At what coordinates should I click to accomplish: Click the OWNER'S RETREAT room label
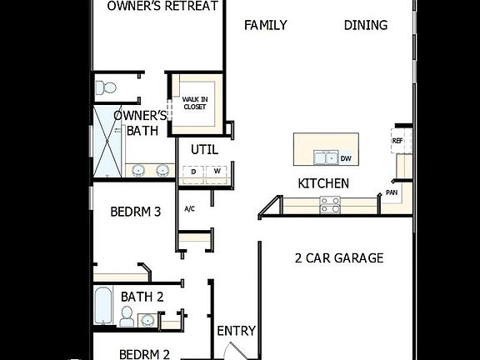click(x=163, y=7)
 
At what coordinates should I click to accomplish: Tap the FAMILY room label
click(x=265, y=25)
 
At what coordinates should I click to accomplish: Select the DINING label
click(x=366, y=25)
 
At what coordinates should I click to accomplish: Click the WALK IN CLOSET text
click(x=195, y=103)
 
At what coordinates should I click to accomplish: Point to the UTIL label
click(x=204, y=150)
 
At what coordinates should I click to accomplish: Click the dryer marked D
click(x=193, y=172)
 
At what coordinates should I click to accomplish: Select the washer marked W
click(x=217, y=172)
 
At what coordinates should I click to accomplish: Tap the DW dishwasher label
click(x=346, y=157)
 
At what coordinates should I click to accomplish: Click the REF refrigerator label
click(x=397, y=142)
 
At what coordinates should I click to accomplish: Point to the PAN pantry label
click(x=392, y=192)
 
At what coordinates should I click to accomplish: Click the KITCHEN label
click(x=323, y=183)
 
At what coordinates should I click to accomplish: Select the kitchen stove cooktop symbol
click(x=330, y=203)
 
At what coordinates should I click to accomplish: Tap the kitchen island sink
click(x=325, y=157)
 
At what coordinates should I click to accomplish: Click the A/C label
click(x=189, y=208)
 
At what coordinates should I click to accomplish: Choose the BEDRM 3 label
click(x=135, y=212)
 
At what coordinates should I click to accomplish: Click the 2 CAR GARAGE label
click(x=339, y=258)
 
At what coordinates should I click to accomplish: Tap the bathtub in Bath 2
click(x=102, y=305)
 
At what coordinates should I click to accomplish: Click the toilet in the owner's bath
click(x=106, y=87)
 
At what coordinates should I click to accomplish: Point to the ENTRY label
click(x=236, y=331)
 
